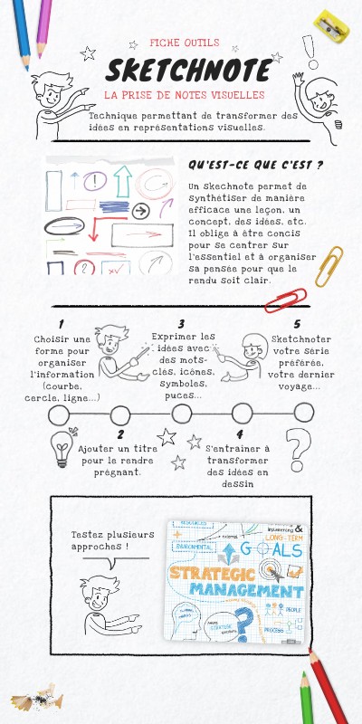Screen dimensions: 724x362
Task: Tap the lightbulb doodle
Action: (62, 446)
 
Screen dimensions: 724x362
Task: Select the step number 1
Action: (61, 324)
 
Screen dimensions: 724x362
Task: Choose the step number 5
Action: (297, 324)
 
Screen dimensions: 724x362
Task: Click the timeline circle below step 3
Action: (181, 414)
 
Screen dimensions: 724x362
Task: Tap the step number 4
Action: (239, 434)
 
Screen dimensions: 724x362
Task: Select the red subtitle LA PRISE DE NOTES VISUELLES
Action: (184, 94)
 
